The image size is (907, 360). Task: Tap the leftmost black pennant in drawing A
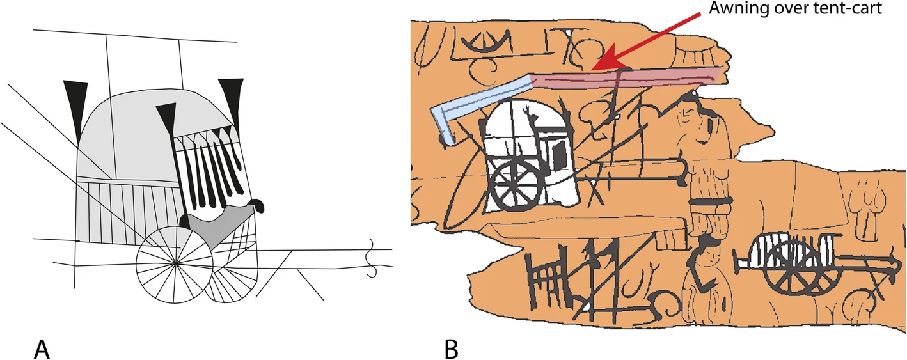point(76,107)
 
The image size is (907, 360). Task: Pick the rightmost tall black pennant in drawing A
point(233,101)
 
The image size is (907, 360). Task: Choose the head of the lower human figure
point(709,254)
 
